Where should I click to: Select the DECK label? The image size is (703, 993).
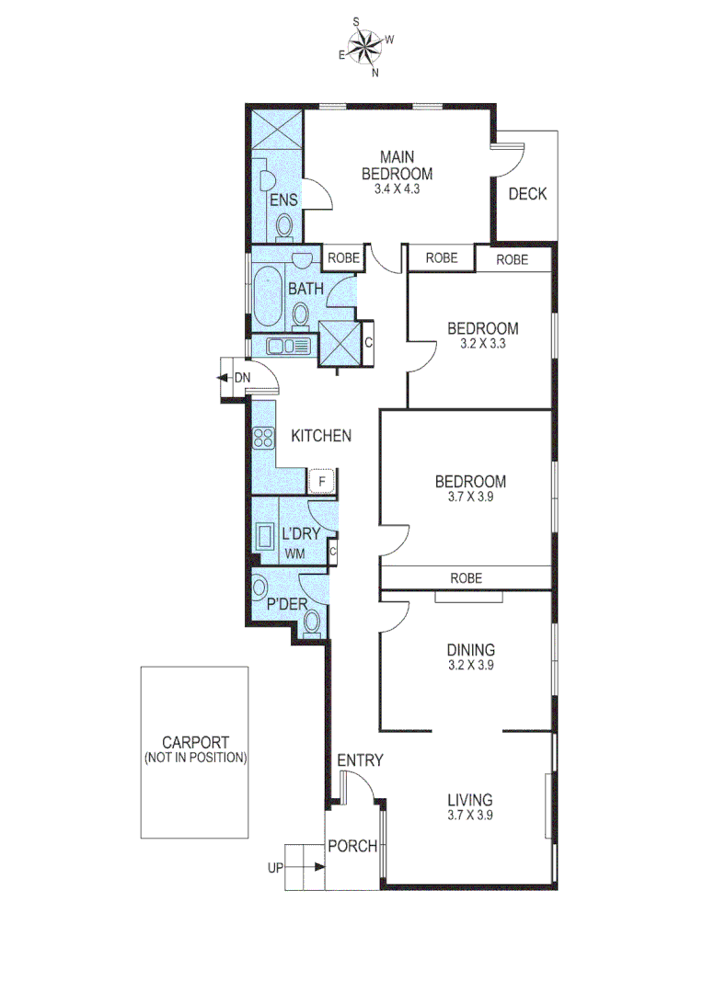(x=527, y=194)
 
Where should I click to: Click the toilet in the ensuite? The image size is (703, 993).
(x=284, y=225)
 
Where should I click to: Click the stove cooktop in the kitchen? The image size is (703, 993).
(x=264, y=438)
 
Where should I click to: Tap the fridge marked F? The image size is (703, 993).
(x=321, y=480)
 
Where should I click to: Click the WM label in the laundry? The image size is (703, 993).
(x=294, y=554)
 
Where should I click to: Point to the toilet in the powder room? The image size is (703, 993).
(x=312, y=622)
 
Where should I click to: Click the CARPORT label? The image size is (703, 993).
(x=195, y=743)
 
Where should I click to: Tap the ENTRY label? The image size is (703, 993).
(x=360, y=760)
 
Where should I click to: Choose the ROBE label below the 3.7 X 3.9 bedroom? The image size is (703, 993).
(x=466, y=578)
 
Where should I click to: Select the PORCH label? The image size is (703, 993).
(x=352, y=846)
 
